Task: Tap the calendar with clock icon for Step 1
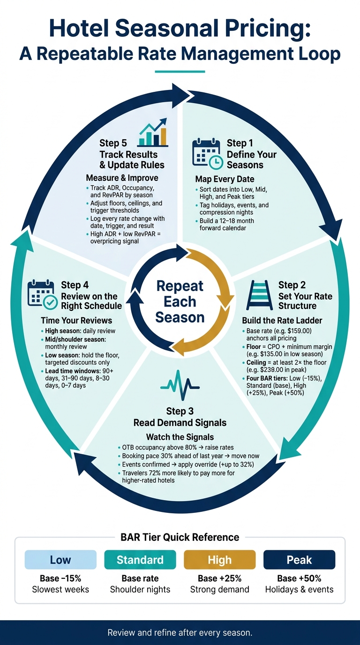pos(207,153)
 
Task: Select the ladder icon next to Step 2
pos(260,295)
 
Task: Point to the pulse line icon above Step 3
pos(180,385)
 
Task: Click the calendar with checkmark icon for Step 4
pos(43,294)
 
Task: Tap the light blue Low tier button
pos(60,560)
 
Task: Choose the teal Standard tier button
pos(140,560)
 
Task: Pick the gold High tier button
pos(220,560)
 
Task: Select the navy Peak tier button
pos(299,560)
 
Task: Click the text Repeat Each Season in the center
pos(180,301)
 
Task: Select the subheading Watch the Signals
pos(180,437)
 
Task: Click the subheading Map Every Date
pos(225,179)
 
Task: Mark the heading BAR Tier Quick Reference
pos(180,537)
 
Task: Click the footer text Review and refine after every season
pos(180,633)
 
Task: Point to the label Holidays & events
pos(299,589)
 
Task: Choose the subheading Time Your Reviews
pos(76,321)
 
